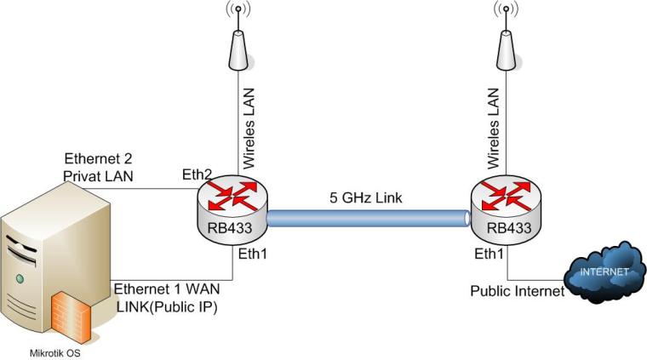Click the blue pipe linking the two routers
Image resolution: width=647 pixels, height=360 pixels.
[368, 219]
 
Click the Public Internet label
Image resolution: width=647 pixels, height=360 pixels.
[517, 292]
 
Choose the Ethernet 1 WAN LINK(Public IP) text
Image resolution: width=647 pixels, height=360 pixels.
[165, 299]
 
